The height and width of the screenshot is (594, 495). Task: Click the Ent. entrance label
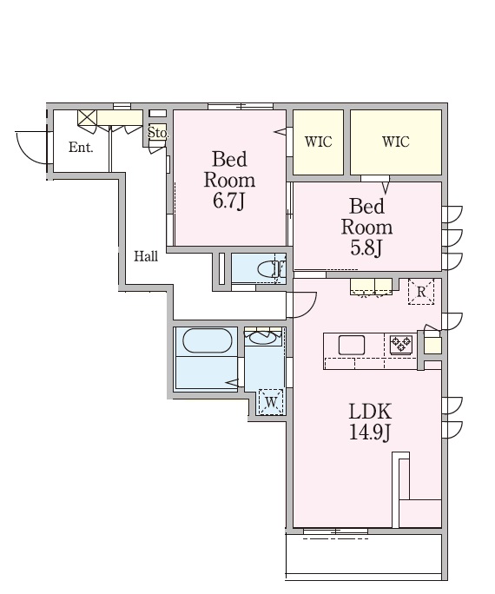pos(81,147)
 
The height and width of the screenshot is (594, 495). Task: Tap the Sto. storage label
pos(157,133)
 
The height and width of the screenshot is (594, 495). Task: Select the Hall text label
pos(146,256)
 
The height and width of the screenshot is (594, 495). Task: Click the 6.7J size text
pos(228,201)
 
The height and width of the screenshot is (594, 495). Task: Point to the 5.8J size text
pos(366,247)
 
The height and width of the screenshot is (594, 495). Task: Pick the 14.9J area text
pos(369,432)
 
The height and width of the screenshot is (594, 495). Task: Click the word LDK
pos(370,412)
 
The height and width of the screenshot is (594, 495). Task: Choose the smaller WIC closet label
pos(318,142)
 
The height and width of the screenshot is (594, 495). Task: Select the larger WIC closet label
pos(396,142)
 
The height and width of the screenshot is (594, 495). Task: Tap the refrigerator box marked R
pos(421,292)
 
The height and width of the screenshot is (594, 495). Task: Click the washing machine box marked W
pos(271,402)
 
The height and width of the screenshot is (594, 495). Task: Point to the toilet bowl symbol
pos(268,269)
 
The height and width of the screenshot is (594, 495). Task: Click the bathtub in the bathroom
pos(208,341)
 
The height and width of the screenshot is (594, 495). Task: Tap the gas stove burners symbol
pos(401,344)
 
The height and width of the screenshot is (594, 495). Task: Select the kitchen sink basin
pos(352,345)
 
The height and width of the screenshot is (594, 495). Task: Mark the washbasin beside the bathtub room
pos(263,338)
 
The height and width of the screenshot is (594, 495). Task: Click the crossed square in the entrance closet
pos(87,117)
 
